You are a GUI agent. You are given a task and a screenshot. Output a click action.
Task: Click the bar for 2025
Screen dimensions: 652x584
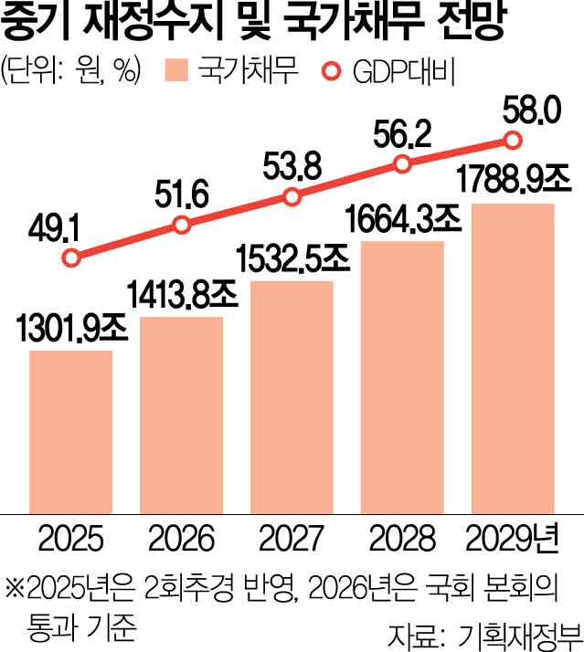71,429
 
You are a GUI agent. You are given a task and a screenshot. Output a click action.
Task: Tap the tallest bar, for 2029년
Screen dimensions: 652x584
513,356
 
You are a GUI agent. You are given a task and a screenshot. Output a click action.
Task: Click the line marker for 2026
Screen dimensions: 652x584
182,225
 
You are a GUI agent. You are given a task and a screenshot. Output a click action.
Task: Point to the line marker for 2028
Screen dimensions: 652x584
402,163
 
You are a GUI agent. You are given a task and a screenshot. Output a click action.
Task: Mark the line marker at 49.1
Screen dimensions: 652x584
71,258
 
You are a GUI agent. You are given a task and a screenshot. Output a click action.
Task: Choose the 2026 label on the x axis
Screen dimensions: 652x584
182,536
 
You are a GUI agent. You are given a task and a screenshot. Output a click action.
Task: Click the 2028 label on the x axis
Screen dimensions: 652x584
402,536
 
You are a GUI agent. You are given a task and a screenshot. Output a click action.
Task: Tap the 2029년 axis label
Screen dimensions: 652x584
513,536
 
